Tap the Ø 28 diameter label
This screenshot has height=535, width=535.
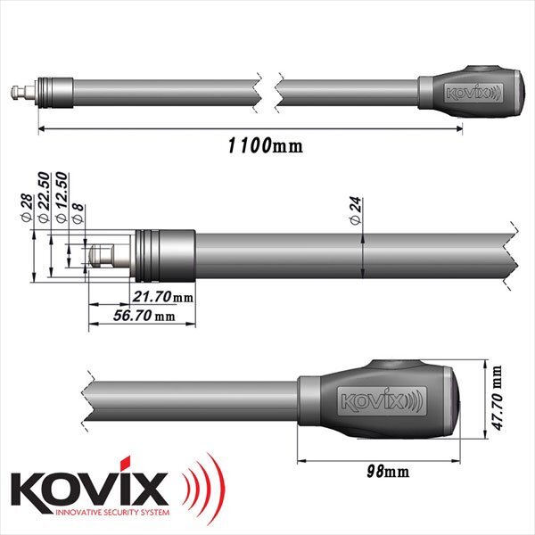[x=29, y=209]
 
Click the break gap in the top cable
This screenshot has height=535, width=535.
[x=269, y=89]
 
